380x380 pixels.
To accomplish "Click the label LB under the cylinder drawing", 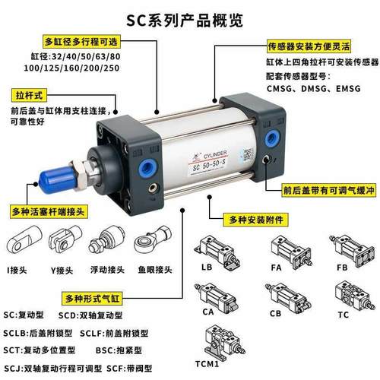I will point(207,268).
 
